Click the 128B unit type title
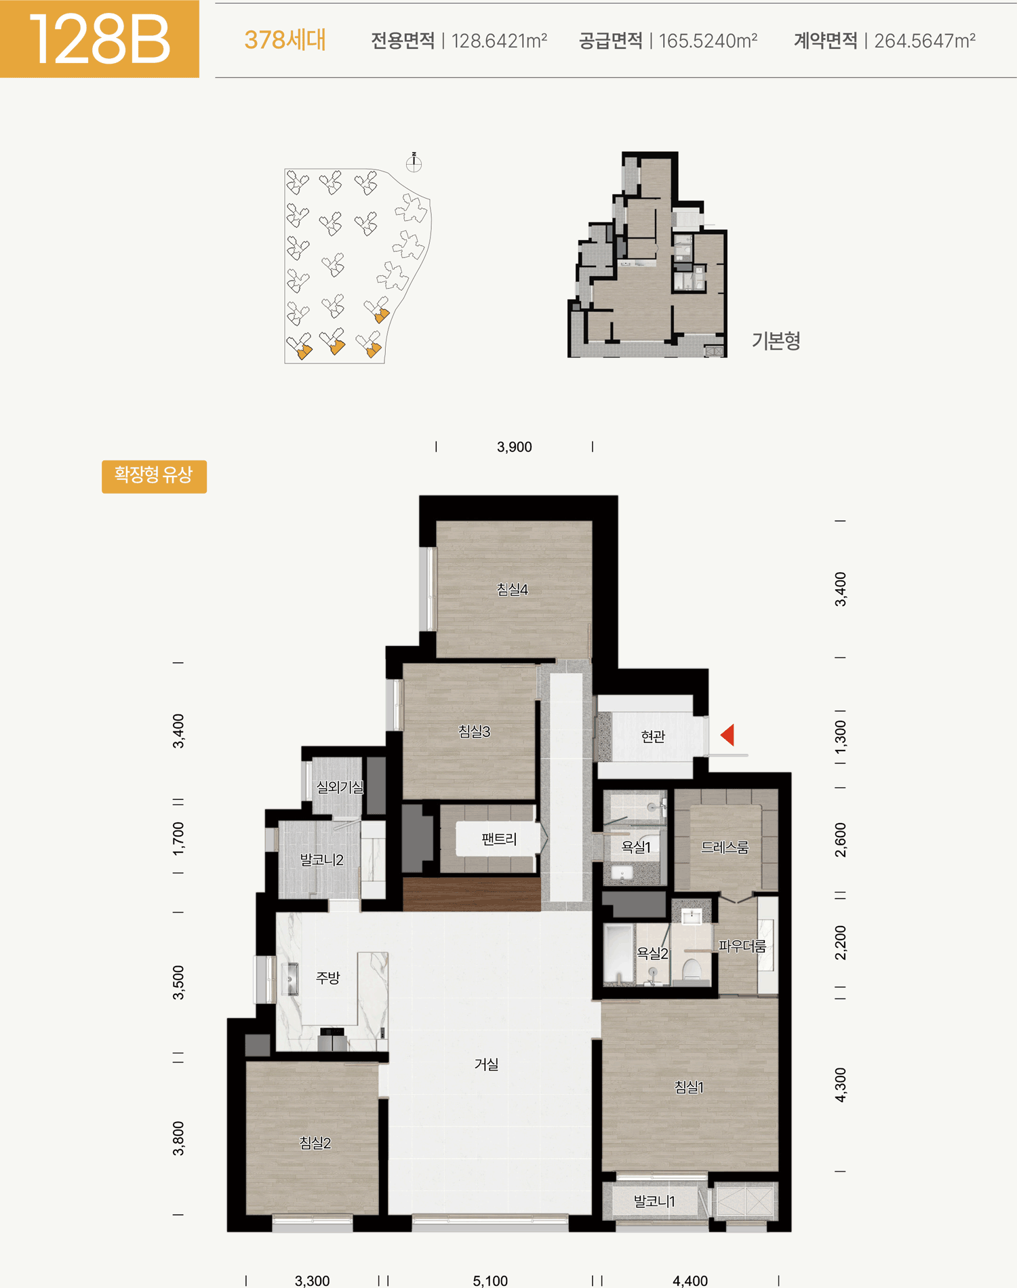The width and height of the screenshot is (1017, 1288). [99, 40]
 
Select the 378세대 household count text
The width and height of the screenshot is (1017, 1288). [285, 40]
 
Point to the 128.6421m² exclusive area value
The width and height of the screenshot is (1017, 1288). [499, 41]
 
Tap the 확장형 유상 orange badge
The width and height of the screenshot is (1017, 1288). [154, 476]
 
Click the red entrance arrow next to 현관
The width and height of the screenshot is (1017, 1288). [727, 735]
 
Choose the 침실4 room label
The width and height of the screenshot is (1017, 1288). [512, 590]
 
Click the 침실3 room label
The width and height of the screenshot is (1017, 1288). [474, 731]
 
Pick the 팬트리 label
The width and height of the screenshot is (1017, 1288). [499, 839]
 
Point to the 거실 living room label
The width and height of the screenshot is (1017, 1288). [486, 1064]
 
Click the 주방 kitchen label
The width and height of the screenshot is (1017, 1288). [327, 978]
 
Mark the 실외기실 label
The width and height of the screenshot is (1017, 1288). [340, 787]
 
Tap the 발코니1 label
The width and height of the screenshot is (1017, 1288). [654, 1201]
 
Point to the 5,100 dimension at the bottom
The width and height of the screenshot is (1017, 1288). [490, 1281]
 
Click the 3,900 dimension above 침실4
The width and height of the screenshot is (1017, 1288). [514, 447]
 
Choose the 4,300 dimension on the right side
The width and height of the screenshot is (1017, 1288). [841, 1085]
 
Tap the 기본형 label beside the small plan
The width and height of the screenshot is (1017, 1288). [776, 340]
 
